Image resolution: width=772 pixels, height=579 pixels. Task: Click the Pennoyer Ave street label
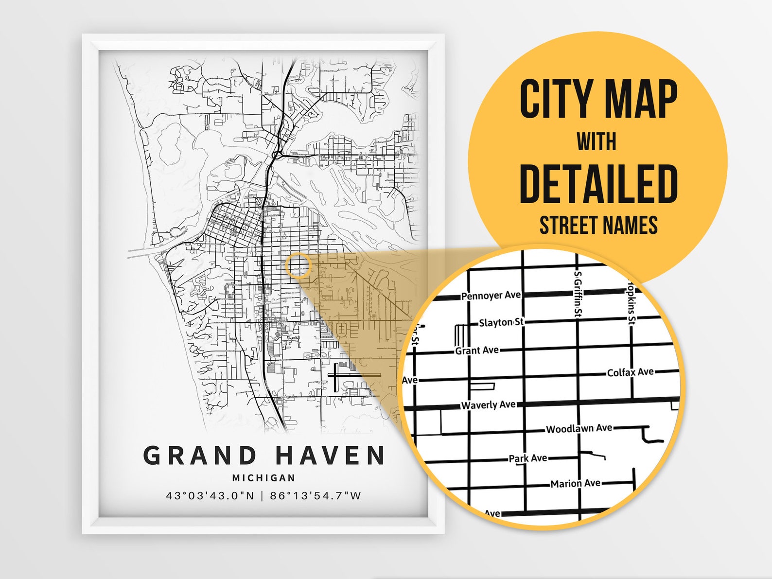pos(491,295)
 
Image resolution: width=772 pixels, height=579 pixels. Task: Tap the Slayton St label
pos(501,322)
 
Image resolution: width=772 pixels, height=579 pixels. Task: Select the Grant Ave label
pos(477,350)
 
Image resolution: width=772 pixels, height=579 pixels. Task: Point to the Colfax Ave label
pos(630,372)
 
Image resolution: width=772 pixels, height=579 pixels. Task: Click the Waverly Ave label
pos(488,404)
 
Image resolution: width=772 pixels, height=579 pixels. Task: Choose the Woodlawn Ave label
pos(579,428)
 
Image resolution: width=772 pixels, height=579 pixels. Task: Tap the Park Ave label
pos(527,458)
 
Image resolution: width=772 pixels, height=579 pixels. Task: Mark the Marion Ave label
pos(575,483)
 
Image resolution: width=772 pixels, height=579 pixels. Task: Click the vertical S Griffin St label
pos(578,294)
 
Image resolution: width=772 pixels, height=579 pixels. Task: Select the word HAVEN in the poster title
pos(331,456)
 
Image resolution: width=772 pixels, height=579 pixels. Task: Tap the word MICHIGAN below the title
pos(263,478)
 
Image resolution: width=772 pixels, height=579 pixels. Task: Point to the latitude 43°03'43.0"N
pos(210,496)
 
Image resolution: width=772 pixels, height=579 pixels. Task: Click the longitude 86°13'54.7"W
pos(316,496)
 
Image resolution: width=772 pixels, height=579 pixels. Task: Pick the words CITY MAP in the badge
pos(598,99)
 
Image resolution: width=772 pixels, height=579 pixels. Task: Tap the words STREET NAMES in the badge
pos(598,226)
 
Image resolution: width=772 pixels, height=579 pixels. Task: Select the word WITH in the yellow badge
pos(597,142)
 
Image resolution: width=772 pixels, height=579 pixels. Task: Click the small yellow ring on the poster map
pos(298,265)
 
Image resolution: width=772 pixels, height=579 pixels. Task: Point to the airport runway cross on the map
pos(336,375)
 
